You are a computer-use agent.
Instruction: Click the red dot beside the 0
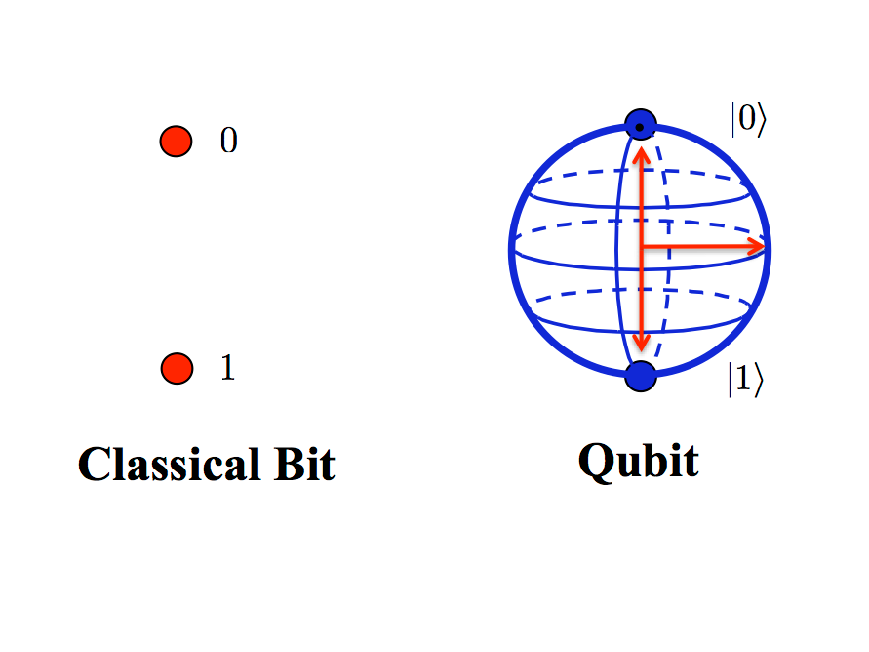176,142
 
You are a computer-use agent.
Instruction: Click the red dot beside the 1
177,369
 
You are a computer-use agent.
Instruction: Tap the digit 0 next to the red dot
228,142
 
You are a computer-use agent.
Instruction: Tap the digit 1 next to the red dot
228,369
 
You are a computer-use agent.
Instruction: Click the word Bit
300,464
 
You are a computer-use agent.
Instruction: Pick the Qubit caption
639,461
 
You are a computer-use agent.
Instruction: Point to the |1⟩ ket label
746,380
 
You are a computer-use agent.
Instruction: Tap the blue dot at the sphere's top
640,126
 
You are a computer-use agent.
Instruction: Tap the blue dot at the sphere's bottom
640,376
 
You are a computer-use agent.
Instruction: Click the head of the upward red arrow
641,152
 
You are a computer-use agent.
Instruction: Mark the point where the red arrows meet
641,247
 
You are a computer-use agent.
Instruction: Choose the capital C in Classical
95,465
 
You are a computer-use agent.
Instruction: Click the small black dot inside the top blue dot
639,126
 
